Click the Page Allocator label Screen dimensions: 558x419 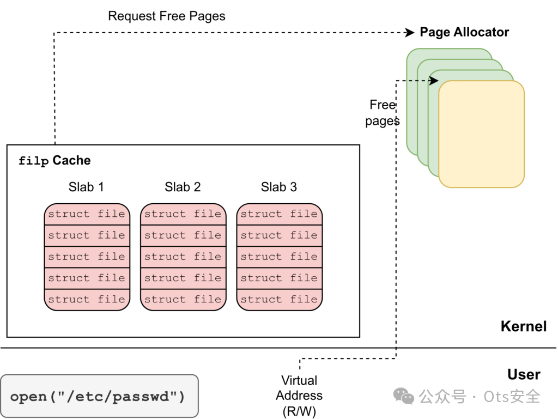pos(464,32)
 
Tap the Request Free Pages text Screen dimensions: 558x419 pos(167,16)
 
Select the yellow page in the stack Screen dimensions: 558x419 pos(482,134)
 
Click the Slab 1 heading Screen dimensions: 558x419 pos(86,187)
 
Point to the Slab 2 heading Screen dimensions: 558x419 pos(183,187)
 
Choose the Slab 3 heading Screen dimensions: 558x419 pos(279,187)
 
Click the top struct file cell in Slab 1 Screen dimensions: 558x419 pos(87,214)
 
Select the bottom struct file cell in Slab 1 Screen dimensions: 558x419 pos(87,300)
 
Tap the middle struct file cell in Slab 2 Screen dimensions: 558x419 pos(183,257)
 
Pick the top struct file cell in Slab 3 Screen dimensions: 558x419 pos(280,214)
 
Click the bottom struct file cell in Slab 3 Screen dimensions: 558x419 pos(280,300)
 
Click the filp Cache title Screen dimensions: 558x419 pos(54,160)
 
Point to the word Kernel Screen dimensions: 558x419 pos(524,326)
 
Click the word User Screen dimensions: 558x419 pos(524,374)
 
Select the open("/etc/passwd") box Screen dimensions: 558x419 pos(100,396)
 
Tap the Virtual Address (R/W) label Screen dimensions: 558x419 pos(299,396)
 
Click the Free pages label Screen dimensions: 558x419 pos(383,113)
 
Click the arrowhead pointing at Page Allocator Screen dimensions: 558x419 pos(410,33)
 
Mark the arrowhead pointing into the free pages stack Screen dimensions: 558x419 pos(434,81)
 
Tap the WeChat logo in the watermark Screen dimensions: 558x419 pos(404,396)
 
